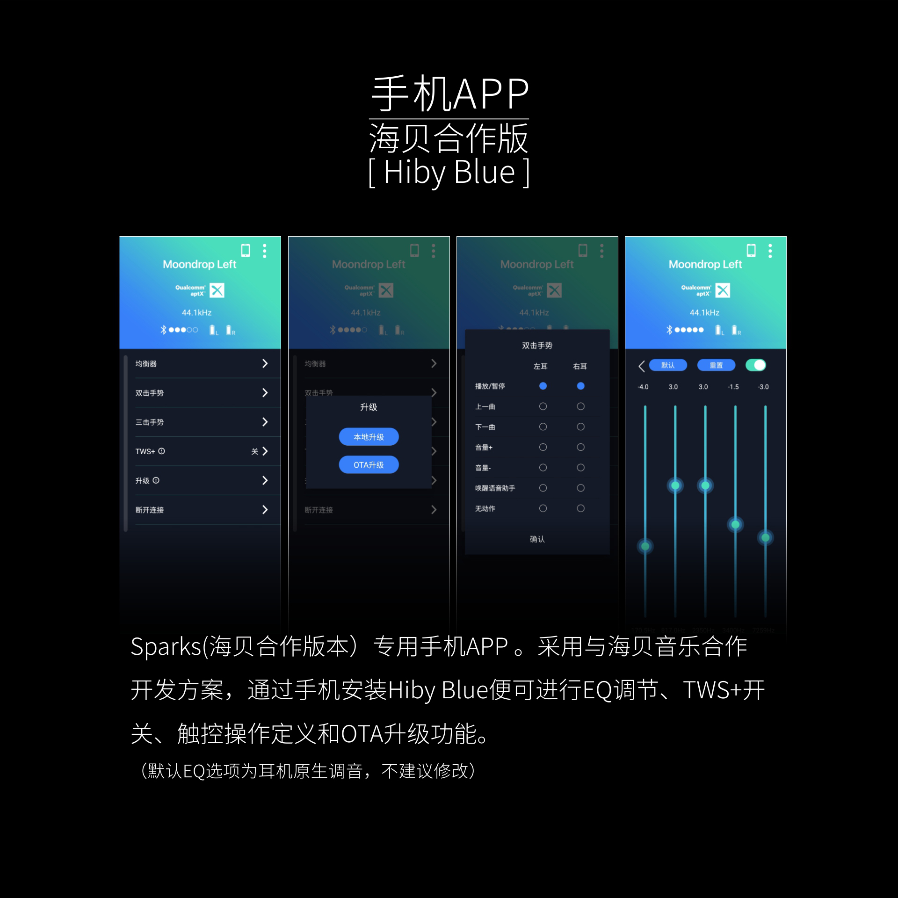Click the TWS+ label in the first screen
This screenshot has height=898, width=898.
click(x=145, y=451)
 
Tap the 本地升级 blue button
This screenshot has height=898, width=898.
click(x=369, y=437)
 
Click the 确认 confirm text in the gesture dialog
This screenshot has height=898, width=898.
click(x=537, y=539)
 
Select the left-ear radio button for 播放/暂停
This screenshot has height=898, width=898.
click(x=543, y=386)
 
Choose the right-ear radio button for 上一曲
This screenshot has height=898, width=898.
click(x=580, y=406)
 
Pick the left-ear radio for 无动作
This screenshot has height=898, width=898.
click(x=543, y=508)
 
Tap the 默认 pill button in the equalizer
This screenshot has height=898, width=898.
click(x=668, y=365)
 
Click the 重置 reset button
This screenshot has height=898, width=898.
click(x=716, y=365)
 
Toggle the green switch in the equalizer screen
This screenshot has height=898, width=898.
click(x=756, y=365)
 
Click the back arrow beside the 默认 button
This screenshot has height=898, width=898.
click(x=642, y=366)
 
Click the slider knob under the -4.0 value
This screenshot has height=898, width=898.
click(x=645, y=546)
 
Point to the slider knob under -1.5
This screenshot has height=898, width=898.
click(x=735, y=524)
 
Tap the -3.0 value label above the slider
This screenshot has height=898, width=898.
click(x=763, y=387)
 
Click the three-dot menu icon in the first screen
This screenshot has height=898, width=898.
click(x=265, y=251)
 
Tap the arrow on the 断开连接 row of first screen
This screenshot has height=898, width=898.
click(x=265, y=509)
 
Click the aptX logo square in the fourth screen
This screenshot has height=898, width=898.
click(x=723, y=290)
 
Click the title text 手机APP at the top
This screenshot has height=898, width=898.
click(x=449, y=94)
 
